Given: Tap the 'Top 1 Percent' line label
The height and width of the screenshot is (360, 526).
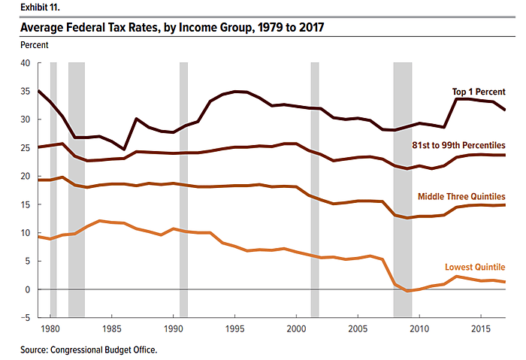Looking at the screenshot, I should click(x=478, y=92).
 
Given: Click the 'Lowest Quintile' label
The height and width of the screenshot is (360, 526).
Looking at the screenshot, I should click(x=475, y=267).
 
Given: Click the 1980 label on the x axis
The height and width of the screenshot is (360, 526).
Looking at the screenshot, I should click(x=50, y=328).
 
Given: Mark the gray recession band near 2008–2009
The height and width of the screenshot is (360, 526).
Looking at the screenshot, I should click(x=402, y=188).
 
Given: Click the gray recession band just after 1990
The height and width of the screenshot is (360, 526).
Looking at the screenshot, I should click(x=183, y=188).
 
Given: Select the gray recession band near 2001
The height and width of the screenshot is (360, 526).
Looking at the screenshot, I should click(x=314, y=188).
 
